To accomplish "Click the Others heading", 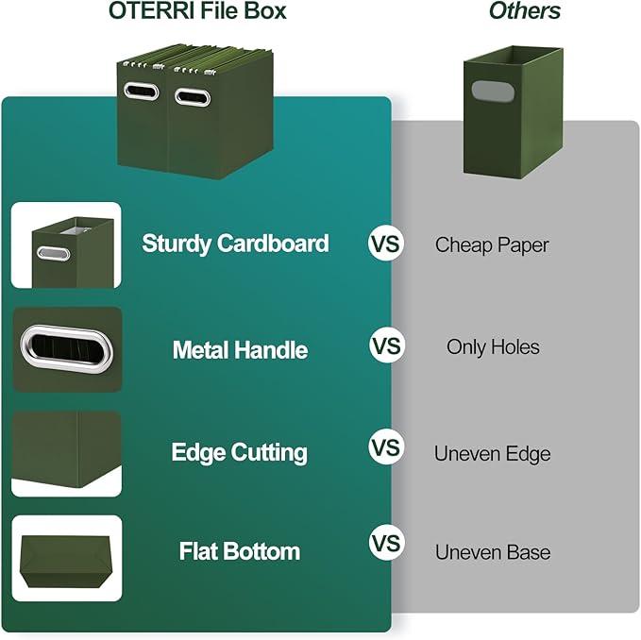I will [x=525, y=12].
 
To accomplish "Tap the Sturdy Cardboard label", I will [x=235, y=244].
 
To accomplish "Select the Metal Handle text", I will [x=240, y=350].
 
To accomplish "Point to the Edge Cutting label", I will [x=239, y=452].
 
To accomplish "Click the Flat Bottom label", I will [x=240, y=551].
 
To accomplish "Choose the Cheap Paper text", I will [x=492, y=244].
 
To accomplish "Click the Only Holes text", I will [x=493, y=347].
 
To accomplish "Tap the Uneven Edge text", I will [x=492, y=454].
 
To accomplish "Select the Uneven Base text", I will [x=492, y=552].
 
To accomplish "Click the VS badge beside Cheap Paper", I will [x=385, y=244].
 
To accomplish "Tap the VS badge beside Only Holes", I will [x=385, y=346].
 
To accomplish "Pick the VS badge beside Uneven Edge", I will [x=385, y=446].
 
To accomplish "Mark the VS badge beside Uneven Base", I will [x=385, y=545].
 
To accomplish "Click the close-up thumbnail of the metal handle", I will [x=67, y=350].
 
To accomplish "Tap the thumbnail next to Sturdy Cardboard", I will [x=67, y=245].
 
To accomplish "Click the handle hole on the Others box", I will [x=489, y=93].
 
